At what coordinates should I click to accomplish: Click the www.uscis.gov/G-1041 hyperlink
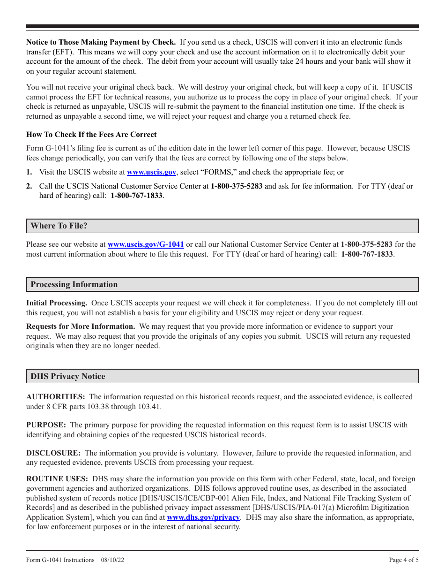[x=146, y=244]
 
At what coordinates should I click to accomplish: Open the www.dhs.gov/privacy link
[x=203, y=517]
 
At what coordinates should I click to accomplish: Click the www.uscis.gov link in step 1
[x=151, y=172]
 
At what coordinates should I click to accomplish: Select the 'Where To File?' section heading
[x=59, y=226]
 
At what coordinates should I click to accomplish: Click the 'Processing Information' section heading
[x=74, y=285]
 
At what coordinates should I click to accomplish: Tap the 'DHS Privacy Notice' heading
[x=68, y=377]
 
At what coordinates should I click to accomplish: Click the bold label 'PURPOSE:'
[x=46, y=425]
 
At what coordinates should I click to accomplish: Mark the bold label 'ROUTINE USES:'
[x=57, y=479]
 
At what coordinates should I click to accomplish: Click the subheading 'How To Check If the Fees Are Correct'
[x=91, y=135]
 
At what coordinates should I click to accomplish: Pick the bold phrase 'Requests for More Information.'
[x=81, y=326]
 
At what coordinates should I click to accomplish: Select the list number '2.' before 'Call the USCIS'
[x=29, y=186]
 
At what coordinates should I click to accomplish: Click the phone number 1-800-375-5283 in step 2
[x=237, y=186]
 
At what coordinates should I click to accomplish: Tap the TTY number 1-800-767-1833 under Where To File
[x=367, y=254]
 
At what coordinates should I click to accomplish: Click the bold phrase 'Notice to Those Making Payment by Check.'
[x=101, y=42]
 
